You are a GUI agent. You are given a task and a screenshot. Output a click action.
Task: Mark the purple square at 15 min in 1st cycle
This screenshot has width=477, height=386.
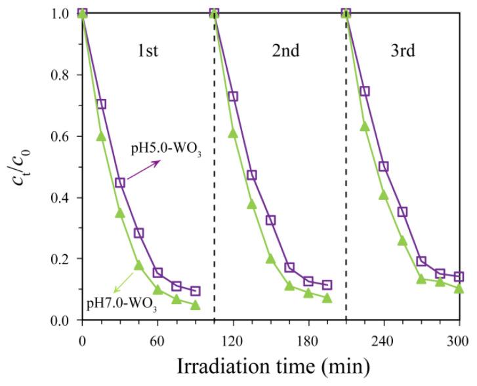coord(101,104)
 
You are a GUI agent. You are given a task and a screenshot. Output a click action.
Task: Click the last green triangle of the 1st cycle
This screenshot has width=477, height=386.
coord(195,305)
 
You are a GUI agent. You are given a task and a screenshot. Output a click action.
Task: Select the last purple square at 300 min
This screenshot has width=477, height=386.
coord(459,277)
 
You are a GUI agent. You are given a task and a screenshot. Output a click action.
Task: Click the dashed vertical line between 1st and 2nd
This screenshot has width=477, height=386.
coord(214,197)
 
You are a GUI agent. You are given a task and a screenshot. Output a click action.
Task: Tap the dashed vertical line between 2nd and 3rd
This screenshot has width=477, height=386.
coord(346,197)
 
